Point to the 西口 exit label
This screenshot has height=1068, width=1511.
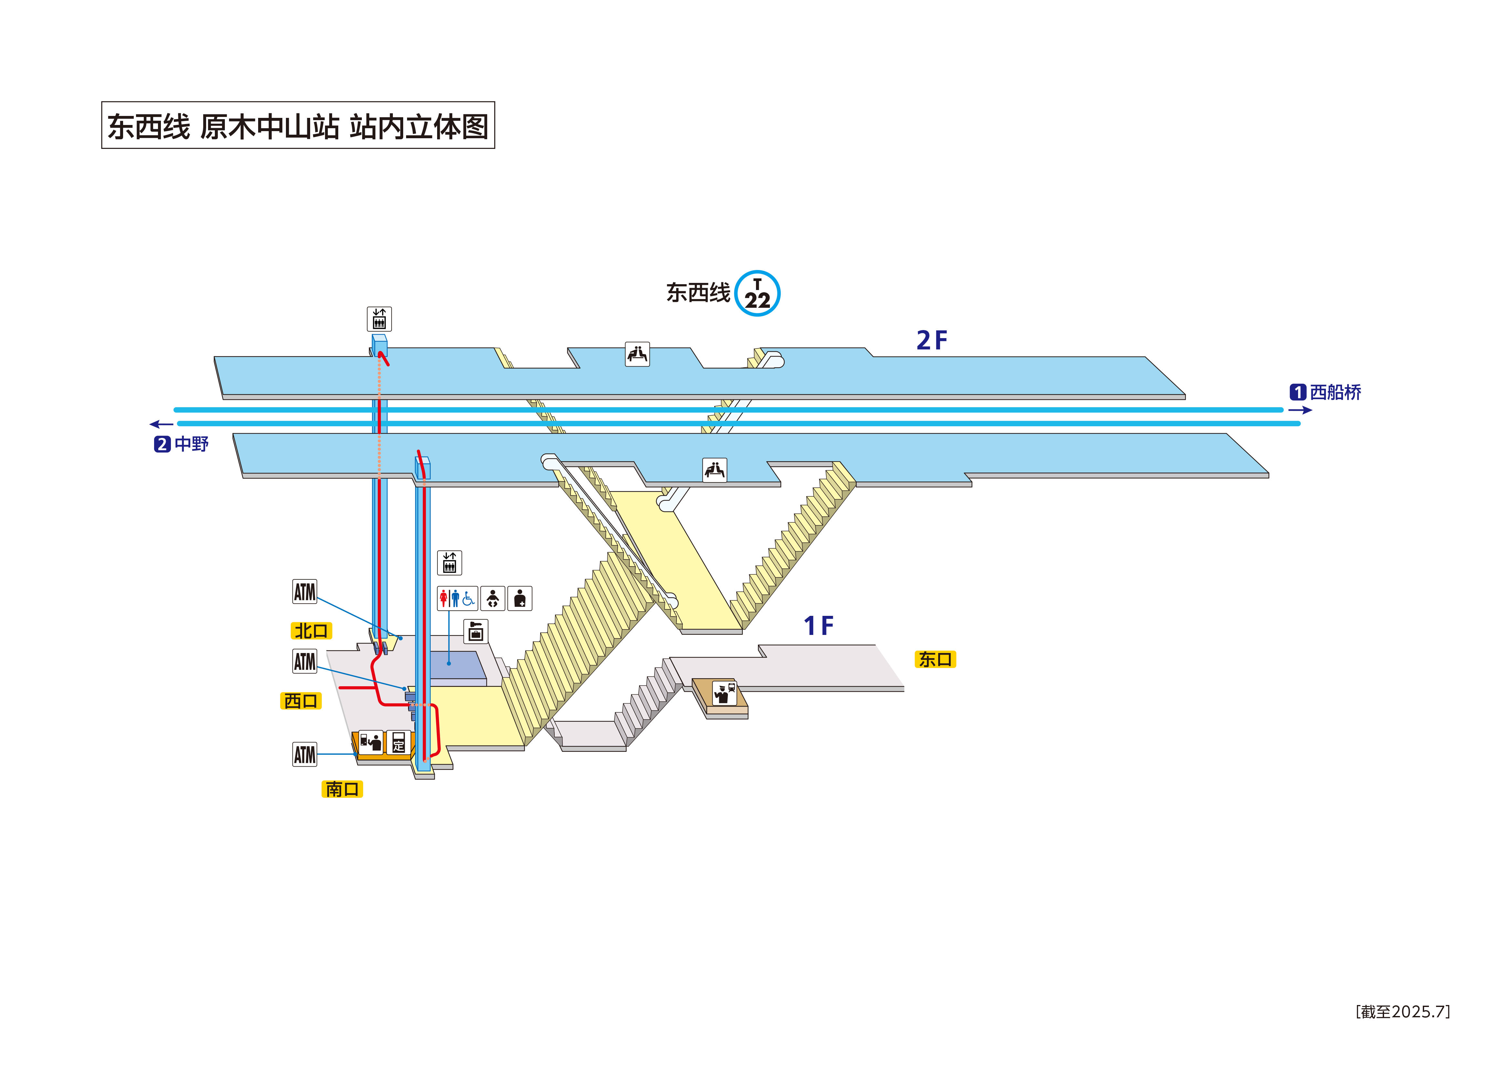(x=301, y=701)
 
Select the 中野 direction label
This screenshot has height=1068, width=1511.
(x=191, y=444)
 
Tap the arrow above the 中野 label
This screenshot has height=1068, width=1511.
(x=161, y=424)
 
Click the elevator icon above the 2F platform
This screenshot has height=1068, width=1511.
(x=379, y=319)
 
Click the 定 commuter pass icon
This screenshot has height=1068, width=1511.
(x=398, y=741)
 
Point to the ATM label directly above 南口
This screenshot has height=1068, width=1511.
(x=305, y=754)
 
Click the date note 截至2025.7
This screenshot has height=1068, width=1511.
(x=1402, y=1011)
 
